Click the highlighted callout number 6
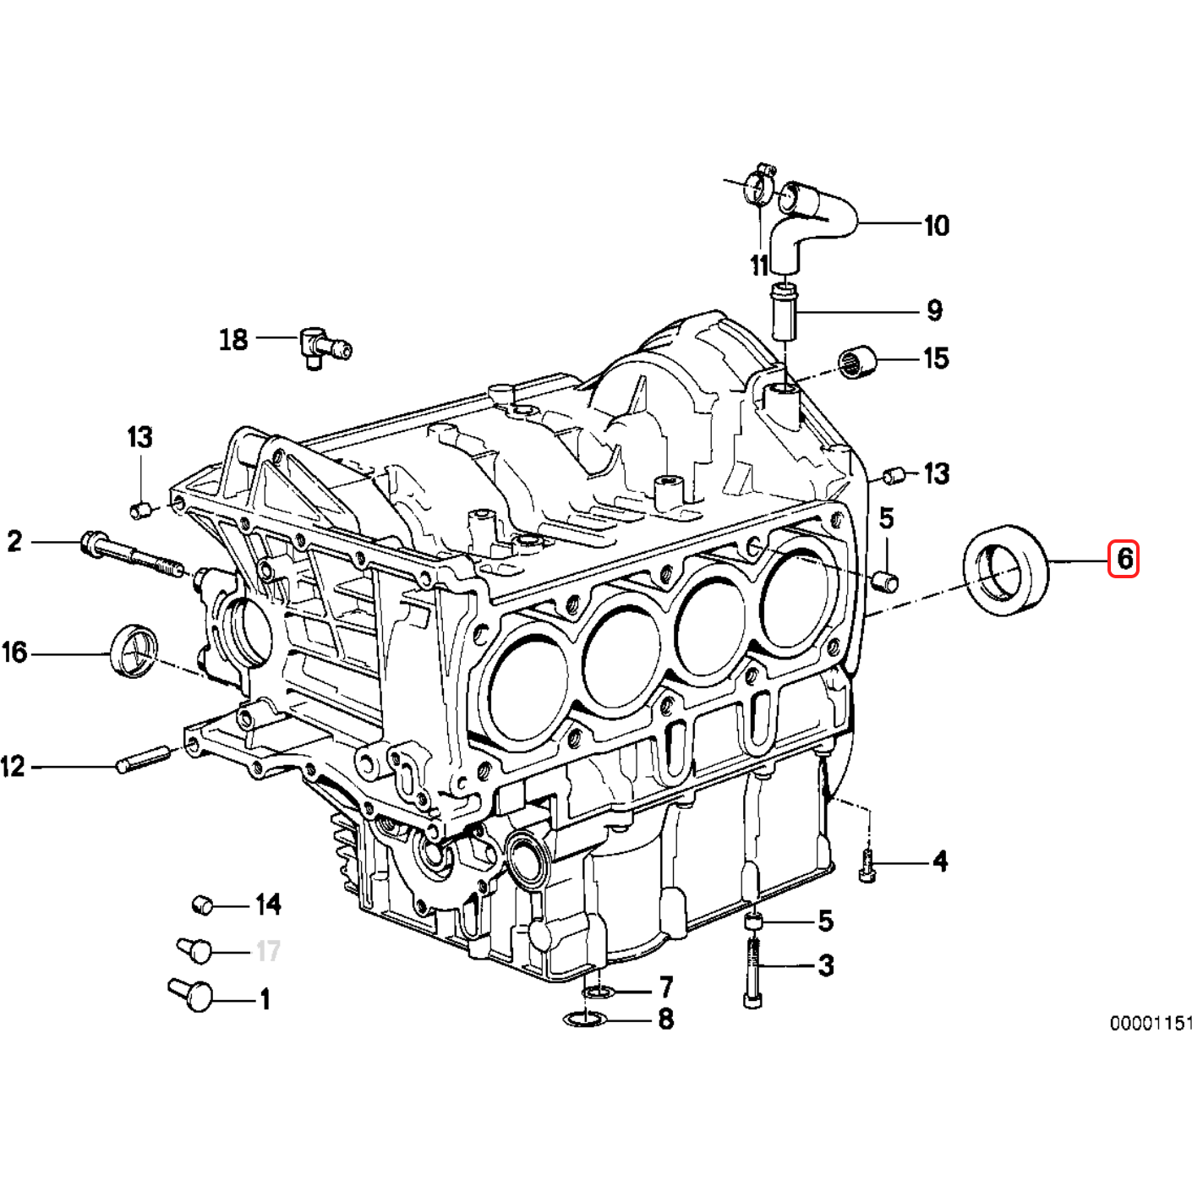click(1124, 559)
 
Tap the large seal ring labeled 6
click(1006, 569)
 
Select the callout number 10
click(936, 226)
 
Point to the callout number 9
click(933, 310)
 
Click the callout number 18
click(233, 340)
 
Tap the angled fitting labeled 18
click(320, 346)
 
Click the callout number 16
click(14, 653)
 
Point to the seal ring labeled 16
click(134, 649)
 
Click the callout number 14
click(268, 905)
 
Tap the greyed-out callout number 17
click(268, 952)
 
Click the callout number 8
click(665, 1019)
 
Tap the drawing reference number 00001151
click(1151, 1024)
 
